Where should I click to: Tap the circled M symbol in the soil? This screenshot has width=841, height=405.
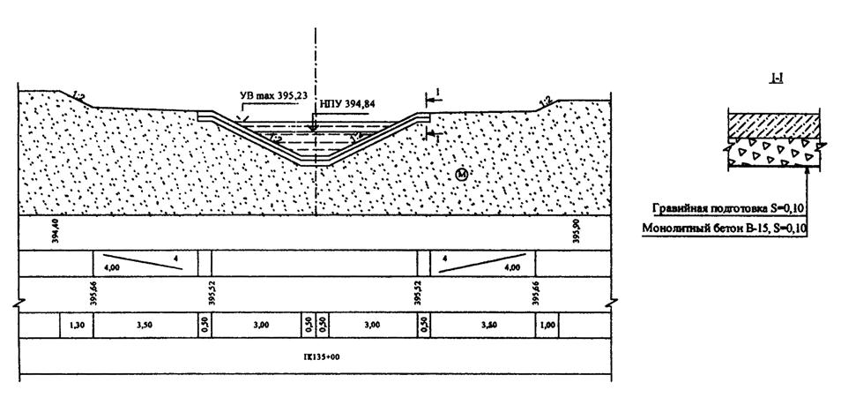point(461,176)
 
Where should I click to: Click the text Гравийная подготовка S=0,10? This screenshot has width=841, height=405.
point(730,209)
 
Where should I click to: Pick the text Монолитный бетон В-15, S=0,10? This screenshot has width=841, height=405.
point(729,228)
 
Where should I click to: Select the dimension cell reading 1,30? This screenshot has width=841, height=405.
point(75,326)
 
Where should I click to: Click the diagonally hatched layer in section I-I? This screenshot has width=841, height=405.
point(773,125)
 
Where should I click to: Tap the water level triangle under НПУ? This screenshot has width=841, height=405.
point(314,125)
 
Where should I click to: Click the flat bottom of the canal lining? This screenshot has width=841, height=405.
point(315,163)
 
